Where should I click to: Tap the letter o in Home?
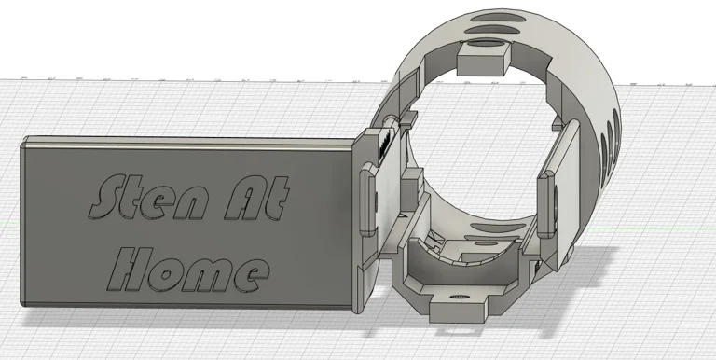[167, 270]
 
